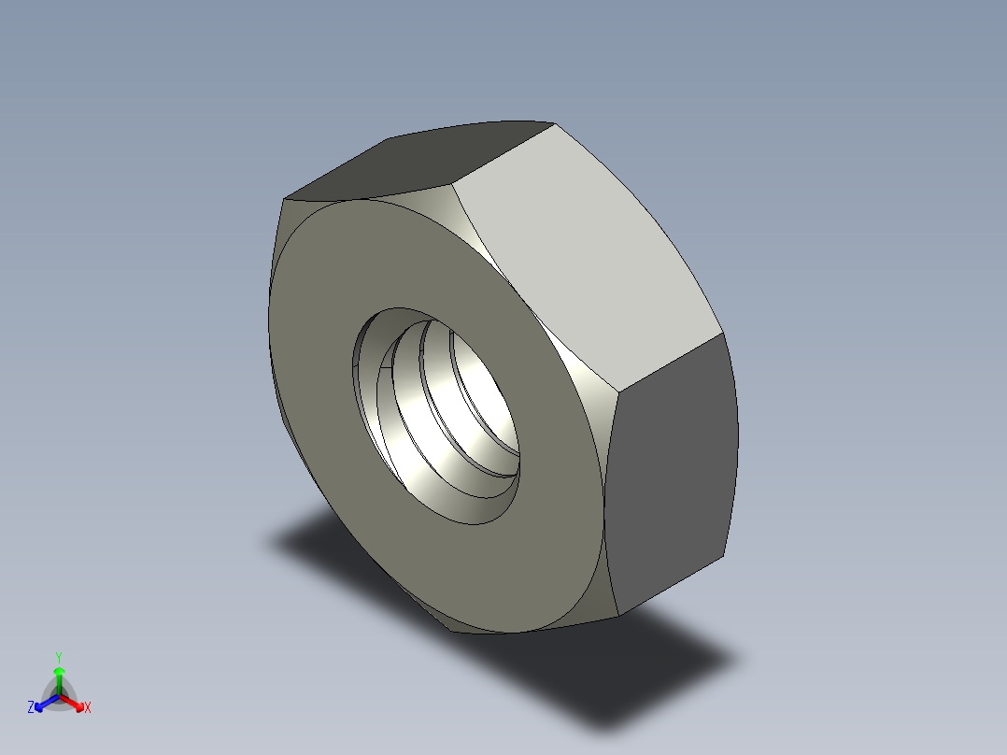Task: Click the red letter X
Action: [88, 708]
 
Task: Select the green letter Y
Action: [58, 657]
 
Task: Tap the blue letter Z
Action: [31, 708]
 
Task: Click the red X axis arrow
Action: [76, 702]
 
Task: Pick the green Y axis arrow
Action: [59, 676]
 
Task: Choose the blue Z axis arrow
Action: [42, 703]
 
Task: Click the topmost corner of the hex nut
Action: [553, 122]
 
